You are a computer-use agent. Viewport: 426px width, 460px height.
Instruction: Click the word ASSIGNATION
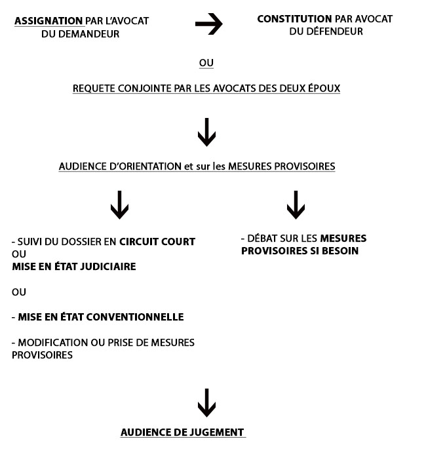tap(48, 21)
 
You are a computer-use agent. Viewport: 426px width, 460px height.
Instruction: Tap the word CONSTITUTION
tap(294, 19)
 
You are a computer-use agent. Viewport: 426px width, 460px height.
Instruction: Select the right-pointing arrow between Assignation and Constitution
tap(208, 24)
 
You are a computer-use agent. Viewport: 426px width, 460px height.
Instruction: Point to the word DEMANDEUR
tap(89, 33)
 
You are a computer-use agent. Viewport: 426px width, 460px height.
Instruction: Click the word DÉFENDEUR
tap(334, 31)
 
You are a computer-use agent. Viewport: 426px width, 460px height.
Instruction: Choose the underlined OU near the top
tap(206, 63)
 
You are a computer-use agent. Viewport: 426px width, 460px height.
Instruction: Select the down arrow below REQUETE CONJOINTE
tap(206, 132)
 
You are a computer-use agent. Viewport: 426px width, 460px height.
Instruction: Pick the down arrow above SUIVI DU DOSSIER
tap(119, 205)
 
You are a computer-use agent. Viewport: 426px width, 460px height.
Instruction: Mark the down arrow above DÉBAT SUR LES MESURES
tap(296, 205)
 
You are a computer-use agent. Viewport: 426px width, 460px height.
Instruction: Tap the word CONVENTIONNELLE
tap(135, 317)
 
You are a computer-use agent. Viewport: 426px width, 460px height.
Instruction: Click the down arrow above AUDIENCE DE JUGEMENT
tap(206, 403)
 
